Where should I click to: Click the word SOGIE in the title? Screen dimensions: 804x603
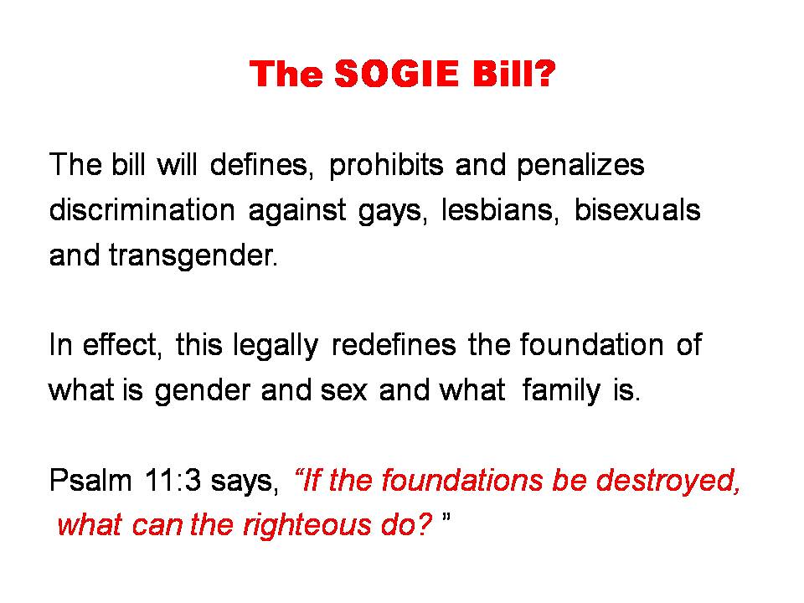(x=396, y=74)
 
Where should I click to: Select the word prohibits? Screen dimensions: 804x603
(x=386, y=165)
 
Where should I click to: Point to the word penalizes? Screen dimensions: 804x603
(x=580, y=165)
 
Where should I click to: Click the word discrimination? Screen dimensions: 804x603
(x=142, y=209)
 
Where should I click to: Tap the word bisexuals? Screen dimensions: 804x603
(x=637, y=209)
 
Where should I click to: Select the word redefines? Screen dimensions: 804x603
(x=394, y=344)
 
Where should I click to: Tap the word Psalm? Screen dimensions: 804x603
(x=90, y=481)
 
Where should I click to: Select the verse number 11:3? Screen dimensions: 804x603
(x=173, y=482)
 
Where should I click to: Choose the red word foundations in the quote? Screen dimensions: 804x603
(x=462, y=481)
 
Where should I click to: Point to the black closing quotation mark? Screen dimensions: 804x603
(x=446, y=517)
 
